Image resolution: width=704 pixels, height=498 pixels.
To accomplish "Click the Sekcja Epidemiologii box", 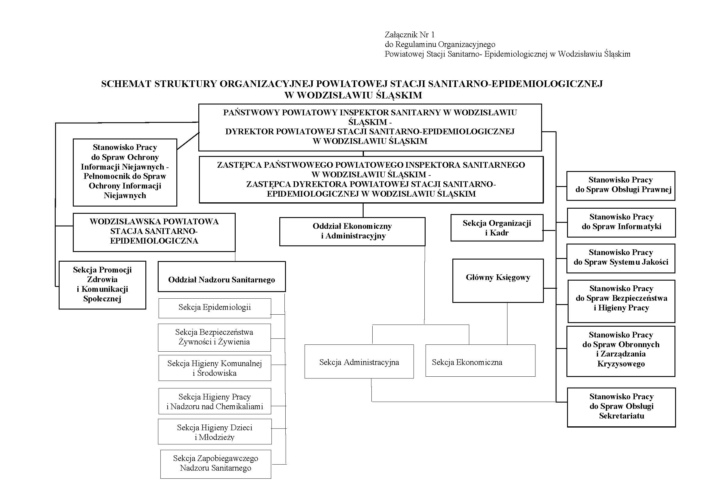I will (x=215, y=308).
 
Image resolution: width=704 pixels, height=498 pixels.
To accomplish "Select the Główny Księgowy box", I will (x=498, y=281).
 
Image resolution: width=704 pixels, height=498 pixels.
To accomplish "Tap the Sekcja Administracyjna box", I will (x=359, y=361).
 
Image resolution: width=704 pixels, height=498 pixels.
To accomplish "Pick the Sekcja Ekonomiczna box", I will (x=480, y=360).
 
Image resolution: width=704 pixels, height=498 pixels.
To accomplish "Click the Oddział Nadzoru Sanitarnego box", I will (x=222, y=277).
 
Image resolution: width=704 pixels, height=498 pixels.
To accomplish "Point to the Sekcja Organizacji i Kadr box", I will (x=497, y=228).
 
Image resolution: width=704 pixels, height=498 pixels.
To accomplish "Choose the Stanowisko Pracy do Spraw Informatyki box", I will (x=621, y=222).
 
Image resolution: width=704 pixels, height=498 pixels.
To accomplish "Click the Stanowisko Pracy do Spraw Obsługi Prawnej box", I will (x=621, y=186).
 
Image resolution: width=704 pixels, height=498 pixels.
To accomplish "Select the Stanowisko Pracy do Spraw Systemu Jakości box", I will (x=621, y=258).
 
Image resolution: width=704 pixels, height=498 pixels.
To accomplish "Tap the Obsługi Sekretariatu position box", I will (x=621, y=407).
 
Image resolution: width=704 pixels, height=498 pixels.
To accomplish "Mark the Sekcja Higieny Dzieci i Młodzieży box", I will (x=215, y=431).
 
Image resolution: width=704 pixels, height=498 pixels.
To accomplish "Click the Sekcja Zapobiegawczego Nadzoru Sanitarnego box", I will (x=216, y=464).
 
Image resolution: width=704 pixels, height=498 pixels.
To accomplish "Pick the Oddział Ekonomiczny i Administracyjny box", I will (x=352, y=232).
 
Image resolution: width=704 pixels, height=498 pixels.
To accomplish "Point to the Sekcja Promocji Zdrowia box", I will (x=102, y=285).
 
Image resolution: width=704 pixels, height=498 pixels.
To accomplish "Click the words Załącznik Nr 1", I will (x=410, y=35).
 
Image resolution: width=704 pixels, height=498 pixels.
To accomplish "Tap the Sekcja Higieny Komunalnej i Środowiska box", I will (x=215, y=368).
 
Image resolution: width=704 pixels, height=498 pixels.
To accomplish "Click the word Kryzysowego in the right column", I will (x=621, y=364).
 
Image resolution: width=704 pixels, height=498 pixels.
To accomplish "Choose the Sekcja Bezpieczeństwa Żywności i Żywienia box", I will (x=214, y=337).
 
